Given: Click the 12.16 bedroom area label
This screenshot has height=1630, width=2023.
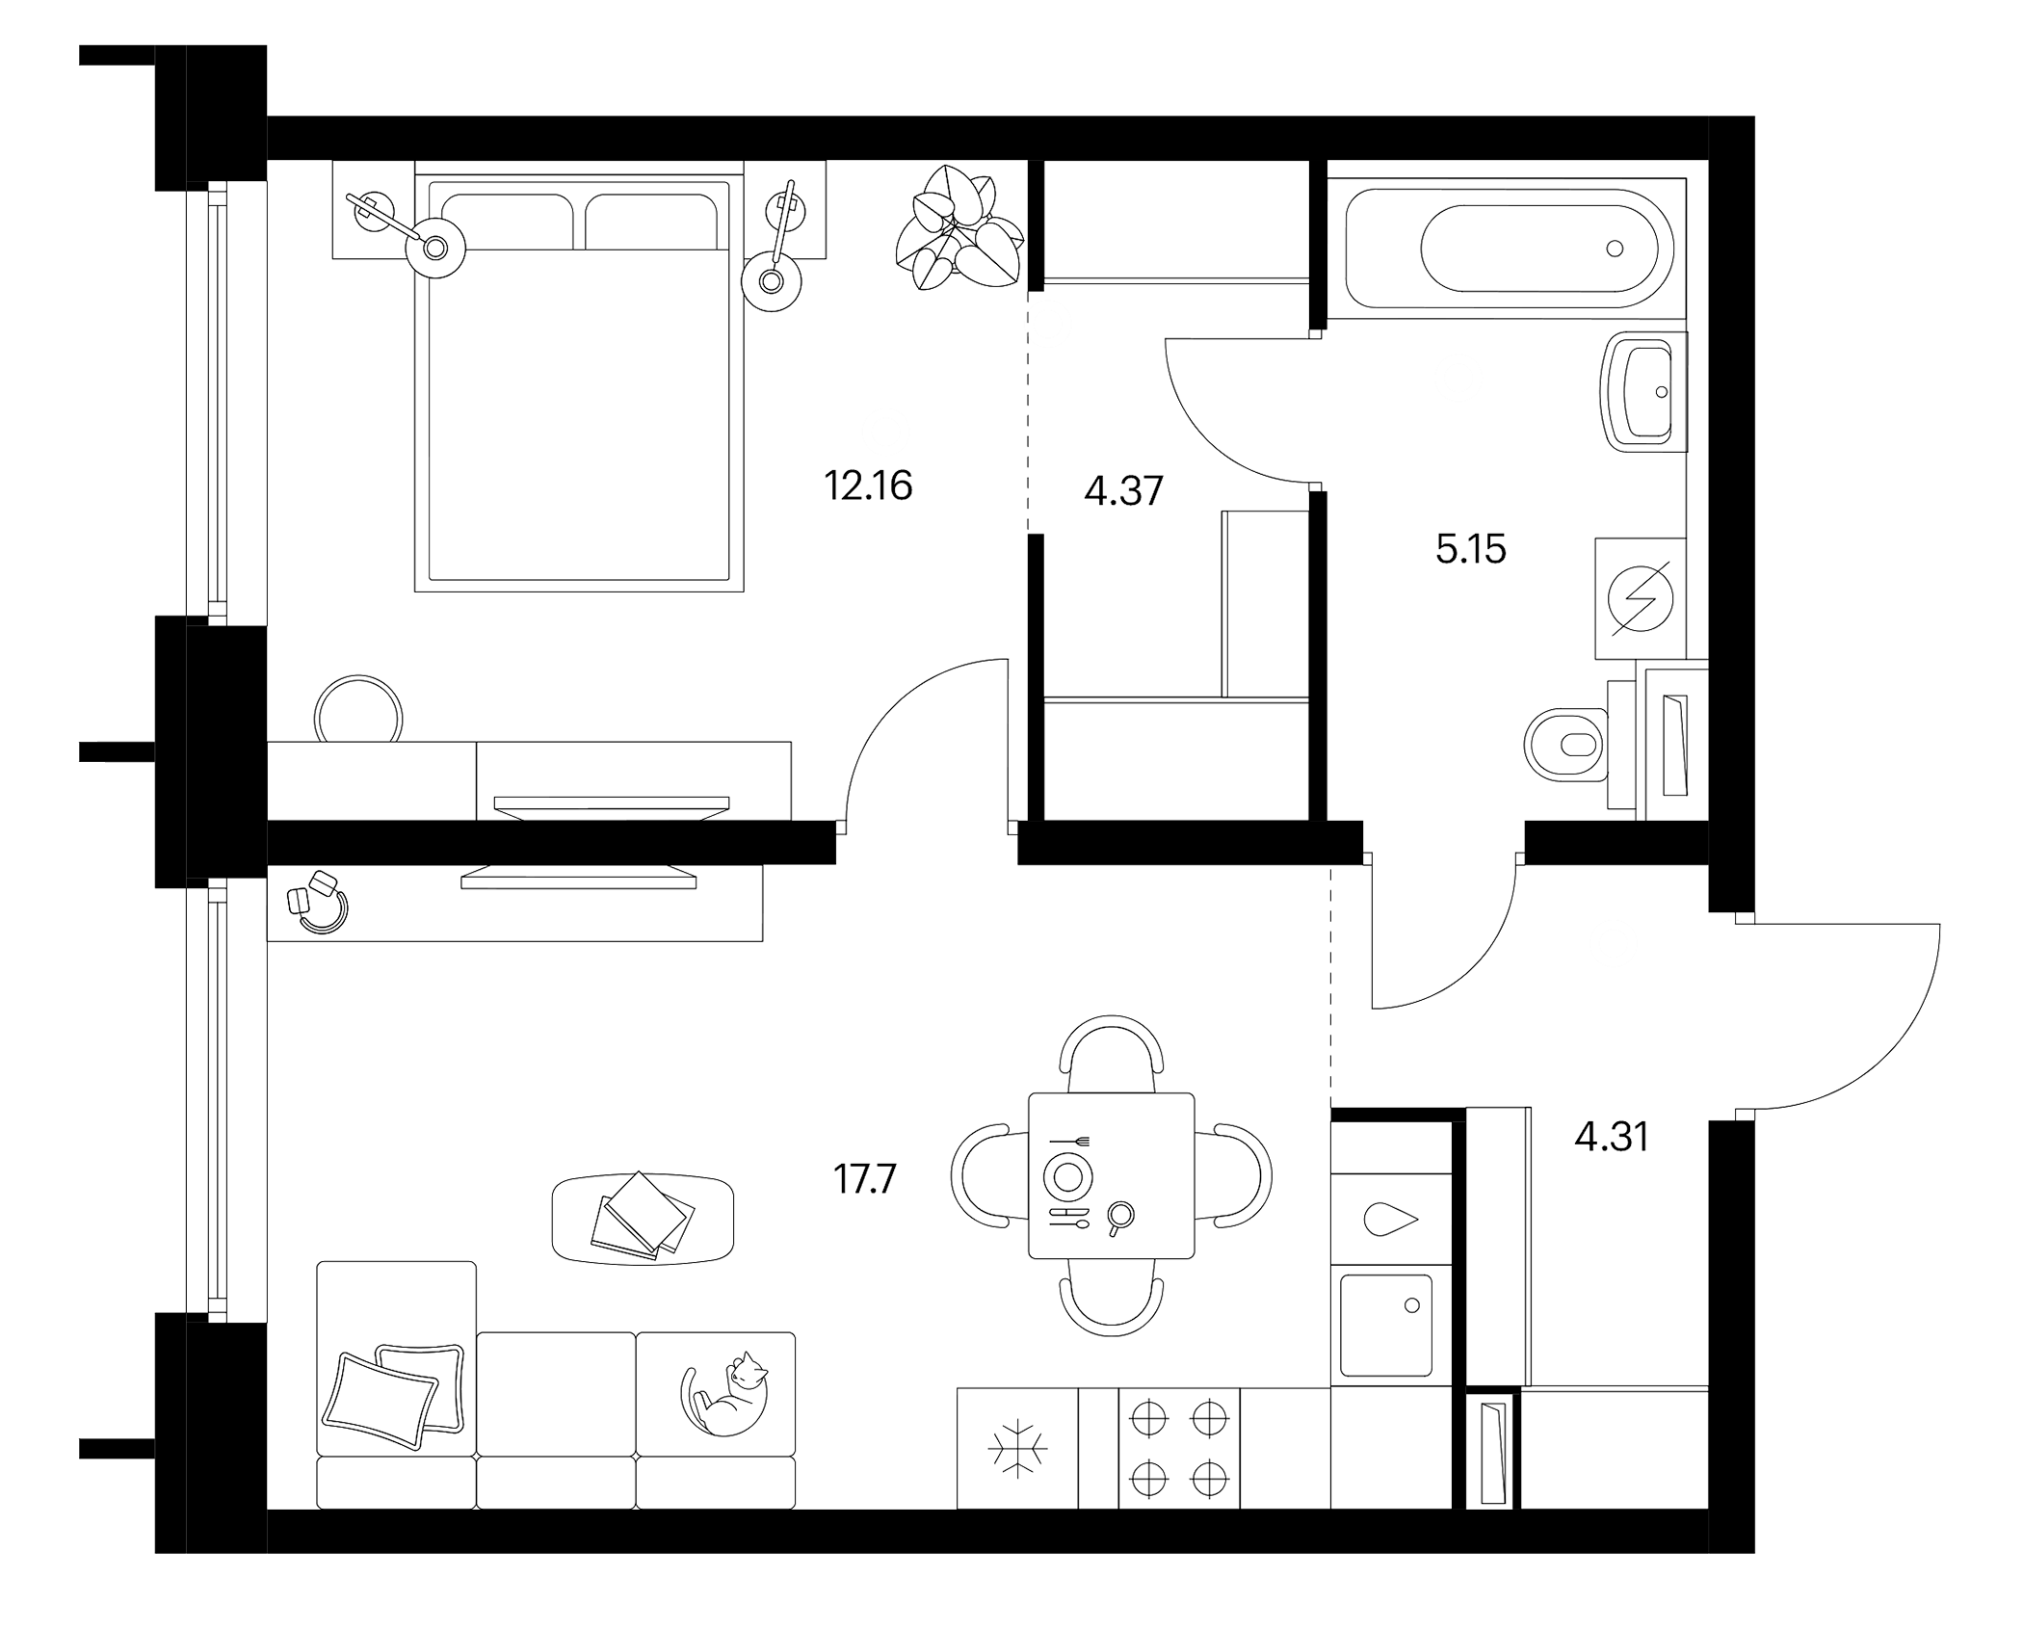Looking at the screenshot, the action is click(x=868, y=486).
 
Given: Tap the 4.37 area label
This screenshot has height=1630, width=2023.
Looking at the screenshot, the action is click(x=1123, y=491).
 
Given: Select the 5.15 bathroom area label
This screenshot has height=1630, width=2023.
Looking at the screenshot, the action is click(x=1470, y=549).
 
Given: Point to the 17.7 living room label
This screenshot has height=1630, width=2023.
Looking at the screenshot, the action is click(x=865, y=1179).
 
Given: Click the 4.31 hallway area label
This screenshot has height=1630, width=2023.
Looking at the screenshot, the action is click(x=1612, y=1138).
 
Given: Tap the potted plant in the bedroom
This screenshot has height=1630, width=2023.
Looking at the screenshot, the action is click(x=958, y=227).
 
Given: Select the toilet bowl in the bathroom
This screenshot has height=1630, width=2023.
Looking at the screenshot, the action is click(x=1567, y=745).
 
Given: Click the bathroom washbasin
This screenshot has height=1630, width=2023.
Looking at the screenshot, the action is click(x=1643, y=392).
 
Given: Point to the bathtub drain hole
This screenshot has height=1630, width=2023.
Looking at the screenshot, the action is click(x=1615, y=249).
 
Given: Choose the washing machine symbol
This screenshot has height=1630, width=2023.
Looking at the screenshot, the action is click(x=1641, y=598).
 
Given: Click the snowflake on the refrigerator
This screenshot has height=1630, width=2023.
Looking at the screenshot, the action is click(x=1016, y=1447).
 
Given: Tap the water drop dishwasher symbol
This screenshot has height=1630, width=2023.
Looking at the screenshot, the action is click(x=1391, y=1220).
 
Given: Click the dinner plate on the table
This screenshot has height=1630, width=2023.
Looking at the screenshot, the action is click(x=1067, y=1176).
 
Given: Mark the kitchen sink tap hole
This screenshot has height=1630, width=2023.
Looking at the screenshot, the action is click(x=1412, y=1305).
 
